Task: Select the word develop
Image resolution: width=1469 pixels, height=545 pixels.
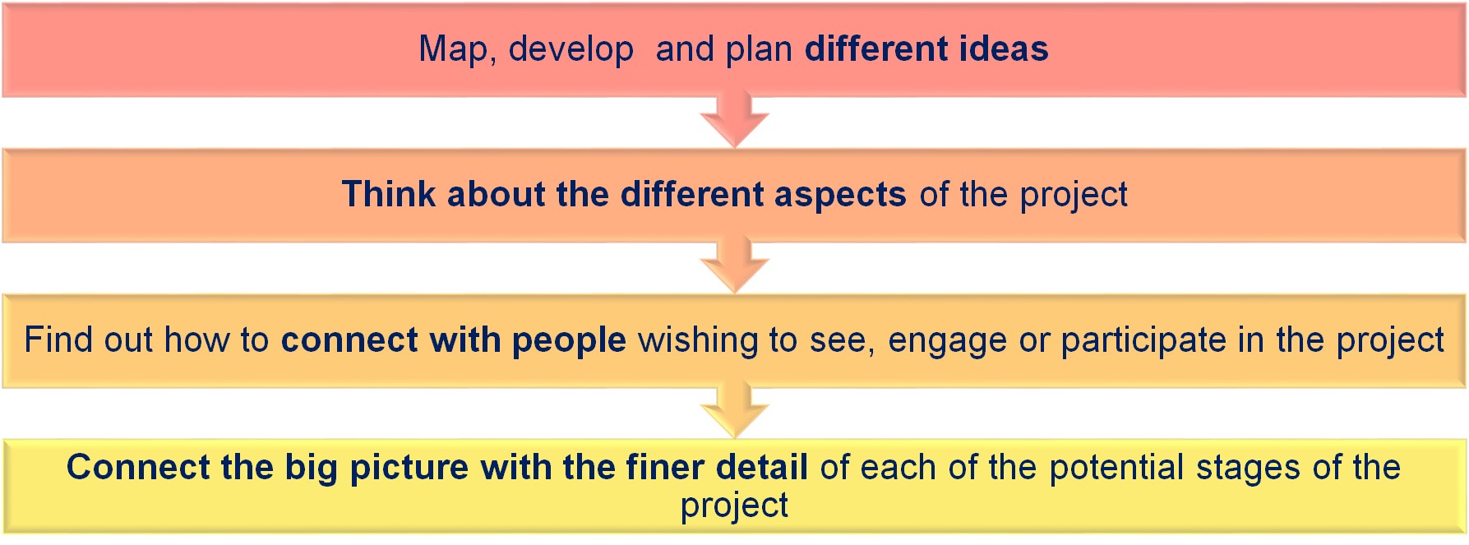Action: tap(571, 49)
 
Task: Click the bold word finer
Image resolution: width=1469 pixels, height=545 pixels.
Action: tap(664, 467)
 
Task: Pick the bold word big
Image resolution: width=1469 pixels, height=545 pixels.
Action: tap(312, 469)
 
